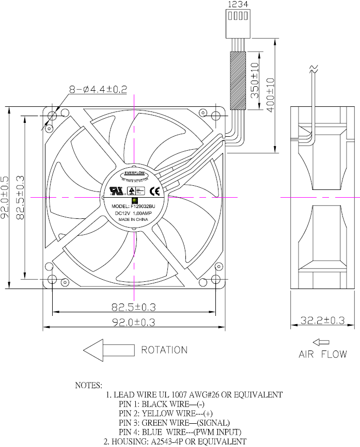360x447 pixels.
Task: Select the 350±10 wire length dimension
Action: pyautogui.click(x=253, y=81)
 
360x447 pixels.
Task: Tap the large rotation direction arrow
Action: pyautogui.click(x=109, y=350)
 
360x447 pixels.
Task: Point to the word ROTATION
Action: pyautogui.click(x=164, y=350)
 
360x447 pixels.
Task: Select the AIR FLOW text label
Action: pyautogui.click(x=323, y=355)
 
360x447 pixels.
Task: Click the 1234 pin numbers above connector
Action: pyautogui.click(x=238, y=4)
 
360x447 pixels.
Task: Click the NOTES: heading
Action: pyautogui.click(x=89, y=385)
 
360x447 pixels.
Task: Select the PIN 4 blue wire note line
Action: pyautogui.click(x=180, y=432)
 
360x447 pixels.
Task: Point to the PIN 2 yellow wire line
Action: pyautogui.click(x=165, y=413)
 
